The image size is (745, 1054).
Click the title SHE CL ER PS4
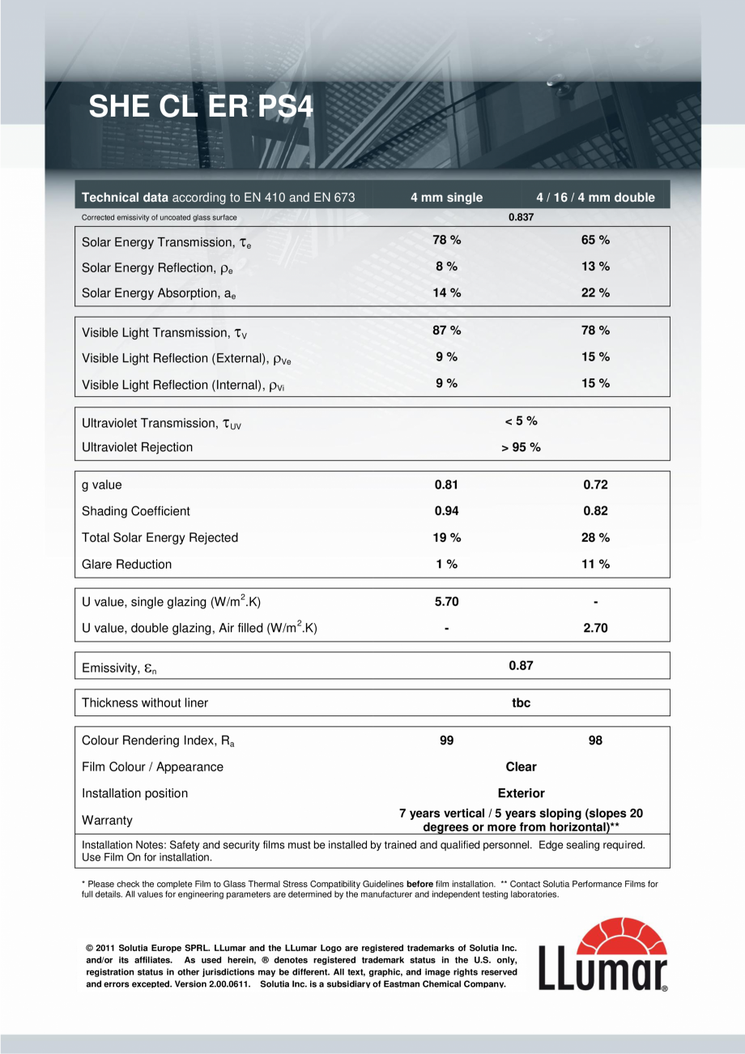[200, 107]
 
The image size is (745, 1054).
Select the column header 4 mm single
[446, 198]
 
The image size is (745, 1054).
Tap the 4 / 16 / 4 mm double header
[595, 198]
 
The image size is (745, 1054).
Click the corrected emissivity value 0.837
[521, 217]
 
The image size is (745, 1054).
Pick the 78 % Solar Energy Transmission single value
[446, 240]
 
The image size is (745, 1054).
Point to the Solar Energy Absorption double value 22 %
[595, 292]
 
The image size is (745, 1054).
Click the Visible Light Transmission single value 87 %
[446, 331]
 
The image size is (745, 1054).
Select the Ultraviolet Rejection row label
[138, 447]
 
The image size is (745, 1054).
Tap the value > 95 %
[521, 447]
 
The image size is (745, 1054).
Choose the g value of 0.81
[446, 485]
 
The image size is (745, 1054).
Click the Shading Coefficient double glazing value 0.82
[595, 511]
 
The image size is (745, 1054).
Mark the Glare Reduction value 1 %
[446, 564]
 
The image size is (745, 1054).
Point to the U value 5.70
[446, 602]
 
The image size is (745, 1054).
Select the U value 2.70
[595, 628]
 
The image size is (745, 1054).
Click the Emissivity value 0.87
[521, 666]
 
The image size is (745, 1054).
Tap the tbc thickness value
[521, 703]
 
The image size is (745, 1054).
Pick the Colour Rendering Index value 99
[446, 740]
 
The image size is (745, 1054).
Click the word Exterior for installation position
[521, 793]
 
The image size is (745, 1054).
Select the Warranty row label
[107, 821]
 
